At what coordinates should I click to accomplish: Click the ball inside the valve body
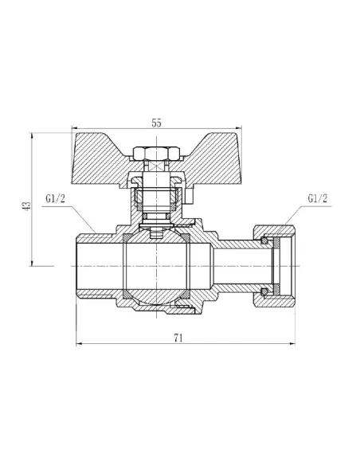tap(156, 266)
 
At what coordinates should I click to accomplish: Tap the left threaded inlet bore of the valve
tap(96, 266)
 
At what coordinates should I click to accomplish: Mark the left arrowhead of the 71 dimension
tap(79, 345)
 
